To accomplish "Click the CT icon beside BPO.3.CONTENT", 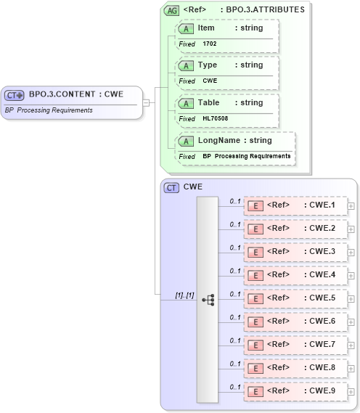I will [15, 94].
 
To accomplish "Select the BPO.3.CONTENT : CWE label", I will [75, 94].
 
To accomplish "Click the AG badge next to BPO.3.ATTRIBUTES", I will [171, 10].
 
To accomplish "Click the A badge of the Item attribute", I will [187, 28].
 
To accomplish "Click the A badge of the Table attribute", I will [187, 103].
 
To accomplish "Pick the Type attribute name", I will [208, 65].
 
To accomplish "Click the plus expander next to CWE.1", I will [351, 206].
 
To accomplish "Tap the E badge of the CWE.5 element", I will [255, 298].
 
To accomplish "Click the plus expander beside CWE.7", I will [351, 345].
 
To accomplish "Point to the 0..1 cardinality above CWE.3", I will [235, 248].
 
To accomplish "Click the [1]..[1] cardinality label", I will [184, 295].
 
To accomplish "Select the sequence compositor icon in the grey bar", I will [208, 299].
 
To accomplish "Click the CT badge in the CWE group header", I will [171, 187].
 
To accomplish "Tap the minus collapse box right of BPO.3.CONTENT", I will [146, 102].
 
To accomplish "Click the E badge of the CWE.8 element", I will [255, 368].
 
